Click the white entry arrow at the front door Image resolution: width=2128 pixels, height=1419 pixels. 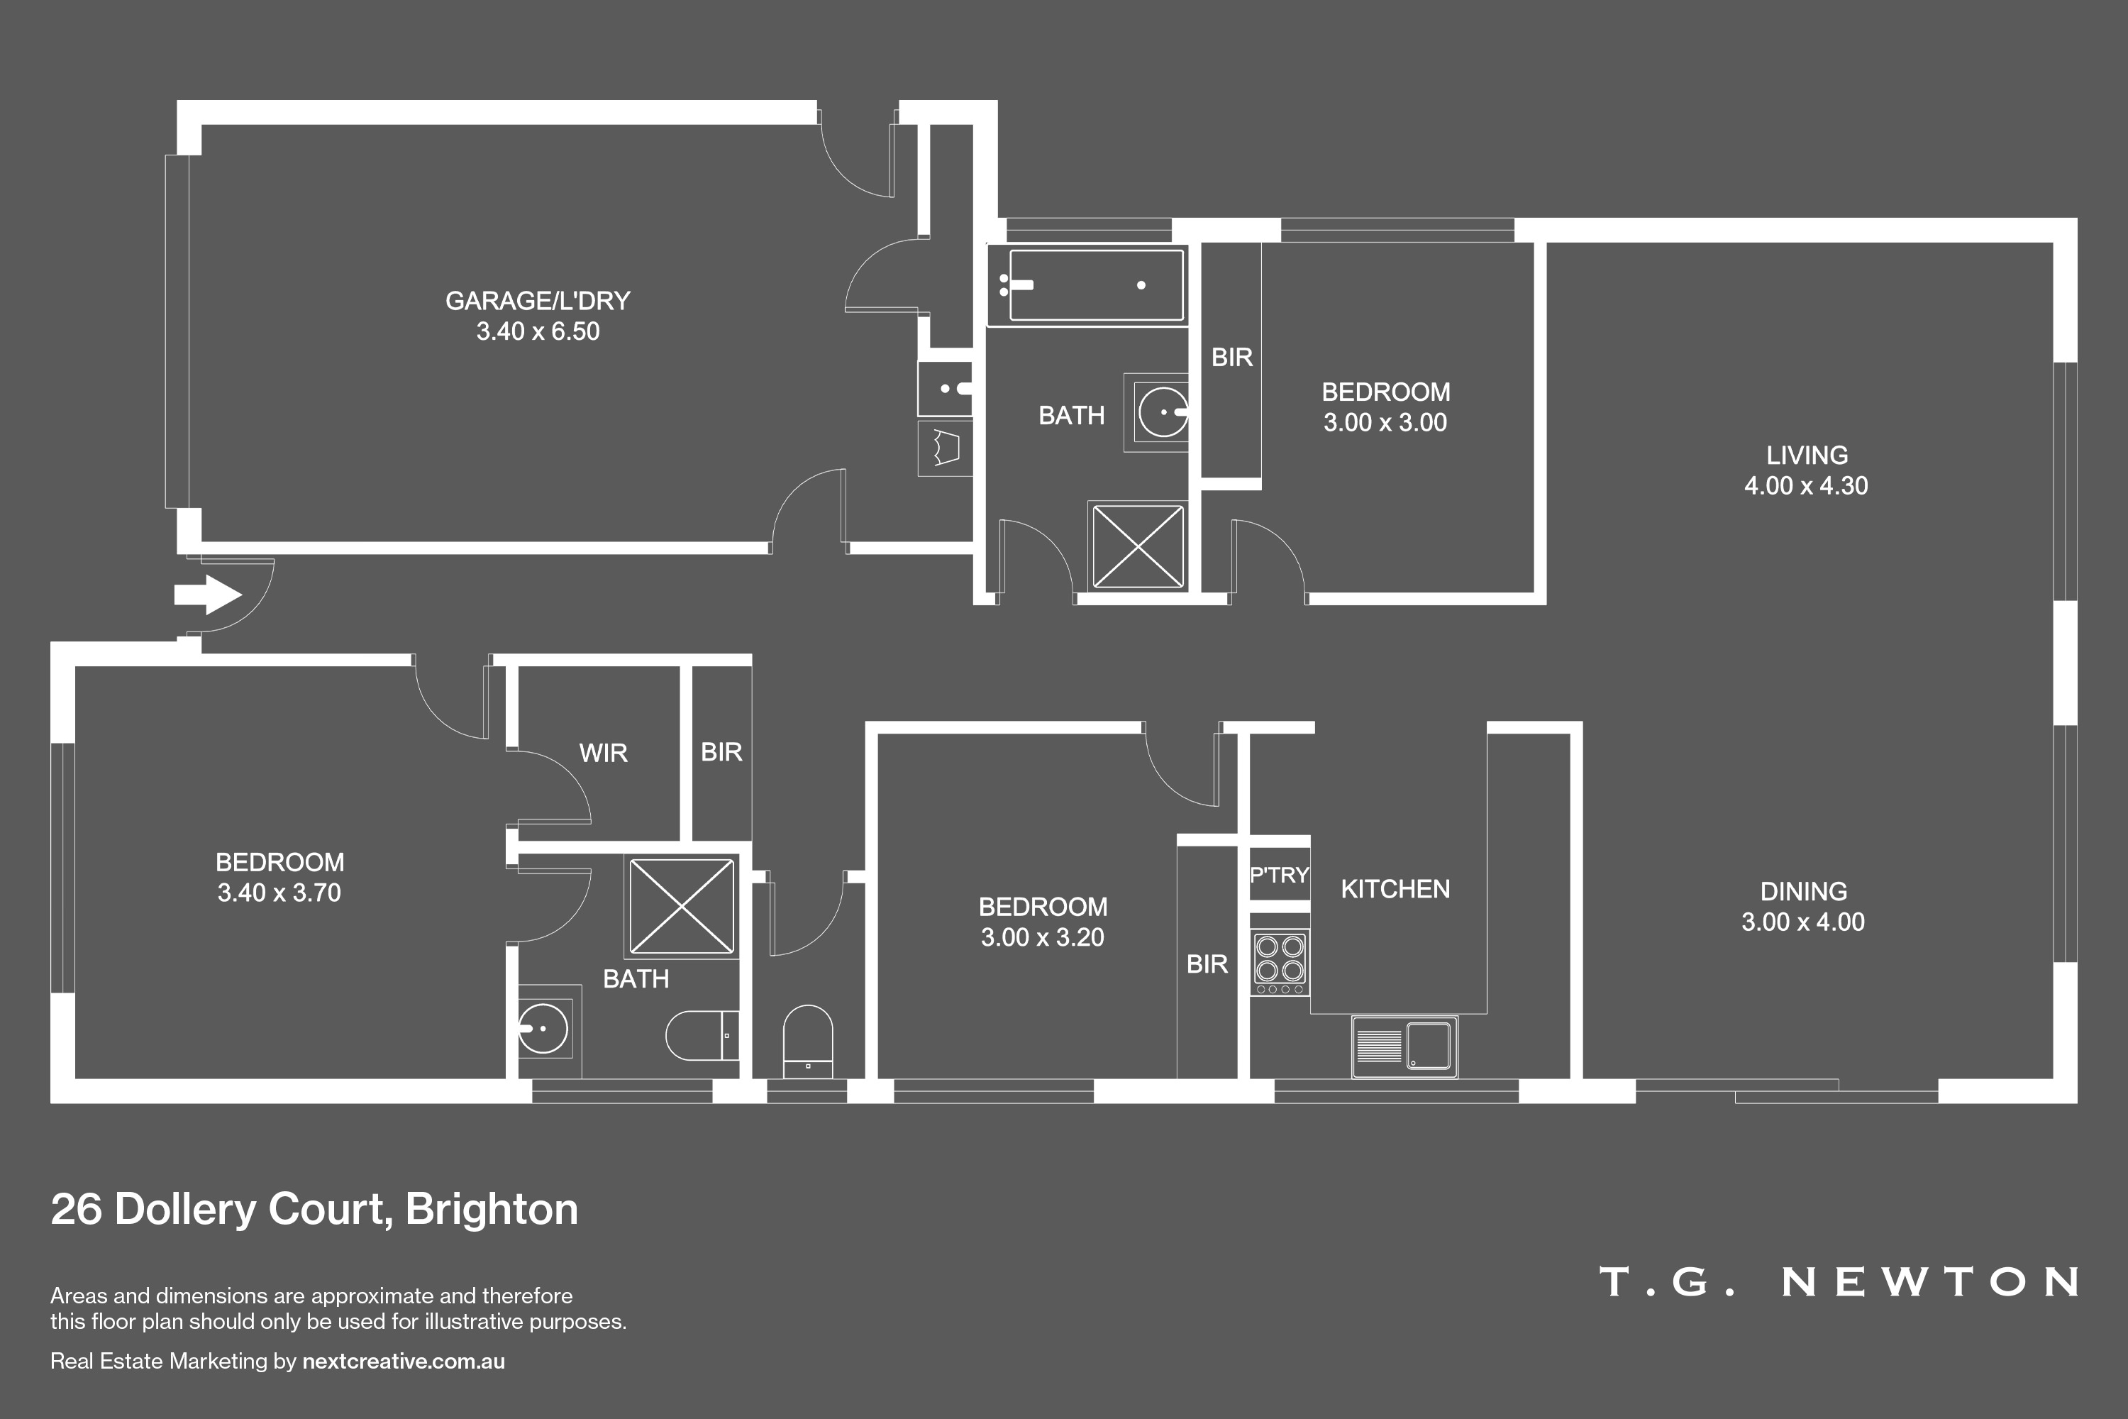point(208,595)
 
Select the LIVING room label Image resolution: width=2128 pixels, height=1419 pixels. point(1807,455)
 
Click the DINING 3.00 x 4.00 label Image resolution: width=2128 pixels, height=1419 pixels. point(1803,907)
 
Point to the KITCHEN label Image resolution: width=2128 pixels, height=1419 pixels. point(1395,890)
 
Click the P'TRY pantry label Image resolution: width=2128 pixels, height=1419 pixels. point(1280,875)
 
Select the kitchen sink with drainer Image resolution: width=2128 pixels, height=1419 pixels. point(1404,1046)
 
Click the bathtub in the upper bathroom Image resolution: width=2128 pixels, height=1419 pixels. point(1086,285)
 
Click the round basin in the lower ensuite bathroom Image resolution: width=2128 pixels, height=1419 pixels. point(543,1029)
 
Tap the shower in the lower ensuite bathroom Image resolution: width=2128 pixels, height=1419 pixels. point(681,906)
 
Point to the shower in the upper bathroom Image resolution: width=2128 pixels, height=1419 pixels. point(1137,546)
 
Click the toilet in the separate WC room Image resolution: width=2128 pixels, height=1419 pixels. point(808,1041)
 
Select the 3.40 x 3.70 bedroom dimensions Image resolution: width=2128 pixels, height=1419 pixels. point(279,893)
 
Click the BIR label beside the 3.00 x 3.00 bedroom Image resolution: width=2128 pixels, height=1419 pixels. point(1231,358)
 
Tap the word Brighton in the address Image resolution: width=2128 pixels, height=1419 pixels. point(492,1209)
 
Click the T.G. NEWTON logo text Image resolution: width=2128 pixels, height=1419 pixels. point(1839,1281)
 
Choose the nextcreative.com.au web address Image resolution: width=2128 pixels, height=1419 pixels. point(404,1361)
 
